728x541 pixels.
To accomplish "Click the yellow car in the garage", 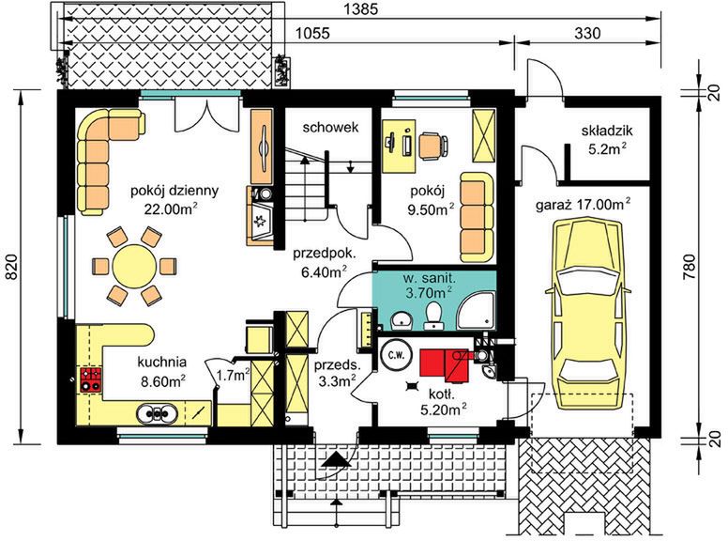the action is tap(588, 316).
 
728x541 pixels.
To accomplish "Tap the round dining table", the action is tap(135, 267).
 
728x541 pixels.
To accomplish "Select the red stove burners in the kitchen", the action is tap(91, 379).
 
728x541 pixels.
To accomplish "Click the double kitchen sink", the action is tap(157, 413).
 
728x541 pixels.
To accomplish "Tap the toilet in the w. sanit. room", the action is tap(433, 316).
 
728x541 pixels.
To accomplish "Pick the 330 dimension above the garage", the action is tap(587, 34).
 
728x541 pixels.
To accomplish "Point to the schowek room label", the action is tap(330, 127).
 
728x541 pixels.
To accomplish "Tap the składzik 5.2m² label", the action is tap(605, 139).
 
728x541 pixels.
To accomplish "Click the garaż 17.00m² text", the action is tap(584, 205).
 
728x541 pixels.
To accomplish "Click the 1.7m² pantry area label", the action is tap(233, 375).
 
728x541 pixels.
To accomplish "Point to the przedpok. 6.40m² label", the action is tap(324, 263).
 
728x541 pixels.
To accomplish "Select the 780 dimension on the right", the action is tap(690, 267).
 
